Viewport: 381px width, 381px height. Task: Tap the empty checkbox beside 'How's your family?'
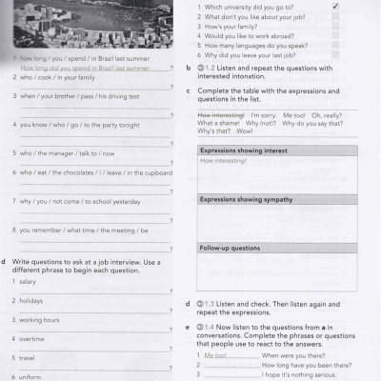click(x=335, y=26)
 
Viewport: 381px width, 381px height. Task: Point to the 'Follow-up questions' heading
click(x=230, y=248)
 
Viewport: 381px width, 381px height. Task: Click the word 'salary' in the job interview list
click(x=28, y=282)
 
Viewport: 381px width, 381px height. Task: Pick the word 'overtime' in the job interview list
click(x=31, y=339)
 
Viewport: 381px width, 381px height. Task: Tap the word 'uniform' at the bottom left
click(x=30, y=376)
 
